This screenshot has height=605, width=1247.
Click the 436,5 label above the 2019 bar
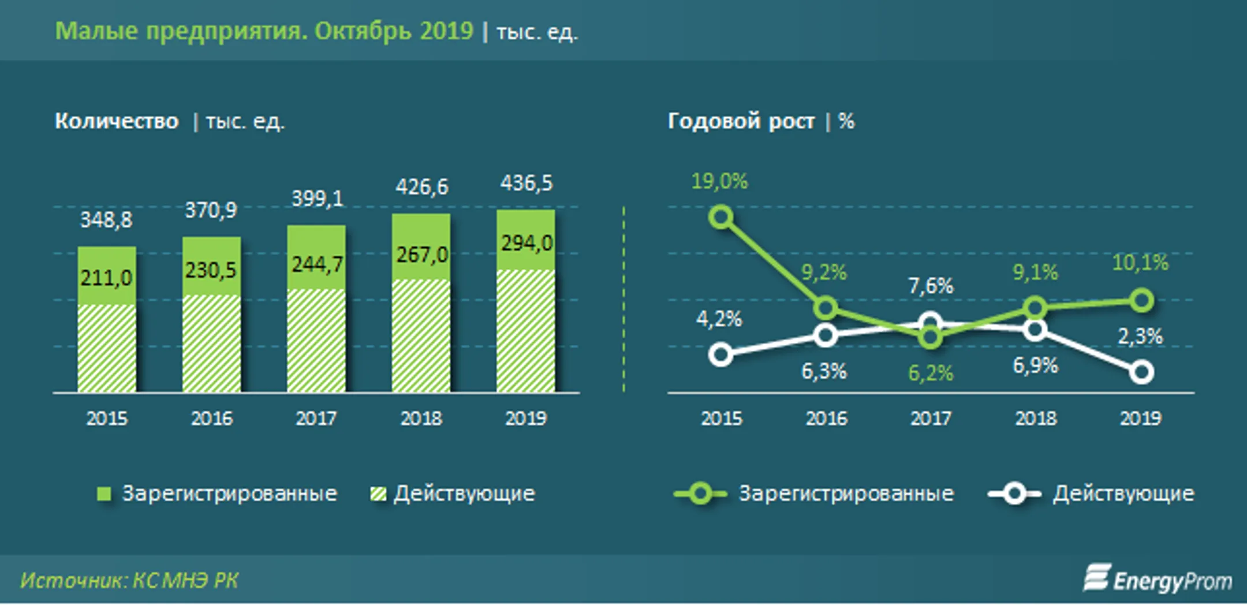pos(526,184)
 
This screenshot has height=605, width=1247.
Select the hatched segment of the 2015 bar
pos(107,348)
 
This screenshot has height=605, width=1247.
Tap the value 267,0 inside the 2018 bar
pos(421,255)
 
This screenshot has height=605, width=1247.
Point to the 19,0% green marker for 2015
pos(721,218)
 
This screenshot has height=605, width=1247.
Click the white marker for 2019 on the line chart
pos(1141,372)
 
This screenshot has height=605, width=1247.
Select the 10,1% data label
pos(1140,263)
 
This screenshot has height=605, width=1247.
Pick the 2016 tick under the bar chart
pos(212,418)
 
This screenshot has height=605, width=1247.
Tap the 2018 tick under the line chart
pos(1036,418)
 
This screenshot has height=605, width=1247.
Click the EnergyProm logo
pos(1158,579)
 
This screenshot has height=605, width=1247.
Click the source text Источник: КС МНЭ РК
pos(129,580)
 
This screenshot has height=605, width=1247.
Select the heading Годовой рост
pos(741,121)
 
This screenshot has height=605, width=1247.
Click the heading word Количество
pos(117,121)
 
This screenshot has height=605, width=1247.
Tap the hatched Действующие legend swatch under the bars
pos(378,494)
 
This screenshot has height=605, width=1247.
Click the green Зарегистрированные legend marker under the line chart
pos(700,494)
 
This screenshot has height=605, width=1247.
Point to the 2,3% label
pos(1140,337)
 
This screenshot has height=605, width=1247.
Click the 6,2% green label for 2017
pos(930,374)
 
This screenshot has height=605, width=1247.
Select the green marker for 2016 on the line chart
pos(826,308)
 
